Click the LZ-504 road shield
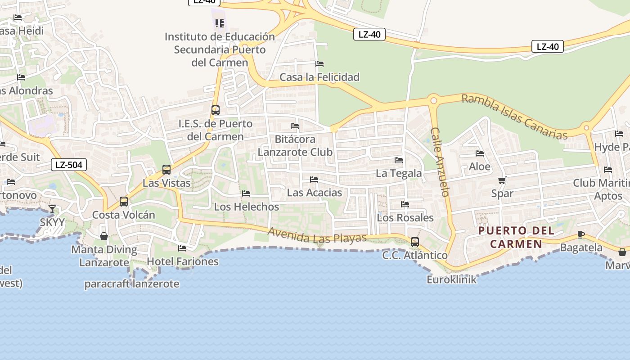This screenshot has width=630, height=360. tap(68, 165)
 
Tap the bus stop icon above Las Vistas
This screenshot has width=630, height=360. tap(166, 170)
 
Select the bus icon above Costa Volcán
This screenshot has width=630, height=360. tap(124, 201)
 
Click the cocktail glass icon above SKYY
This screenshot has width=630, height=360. tap(52, 209)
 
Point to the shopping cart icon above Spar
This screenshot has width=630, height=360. tap(502, 180)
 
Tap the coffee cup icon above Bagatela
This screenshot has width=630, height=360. tap(581, 234)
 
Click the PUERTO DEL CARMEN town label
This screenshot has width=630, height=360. tap(516, 237)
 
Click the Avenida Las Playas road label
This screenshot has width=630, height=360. tap(317, 235)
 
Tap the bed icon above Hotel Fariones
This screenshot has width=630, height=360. tap(182, 248)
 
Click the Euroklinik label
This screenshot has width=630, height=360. tap(451, 279)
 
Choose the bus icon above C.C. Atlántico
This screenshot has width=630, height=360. tap(415, 242)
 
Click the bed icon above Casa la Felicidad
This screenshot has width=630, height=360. tap(319, 64)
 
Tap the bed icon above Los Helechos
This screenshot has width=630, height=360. tap(246, 193)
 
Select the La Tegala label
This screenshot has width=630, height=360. tap(399, 173)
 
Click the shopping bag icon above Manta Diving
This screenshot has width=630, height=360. tap(104, 236)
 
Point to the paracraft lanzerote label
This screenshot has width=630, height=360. tap(132, 284)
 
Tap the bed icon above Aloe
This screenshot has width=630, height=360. tap(480, 153)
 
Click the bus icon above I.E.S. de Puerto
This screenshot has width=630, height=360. tap(216, 110)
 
